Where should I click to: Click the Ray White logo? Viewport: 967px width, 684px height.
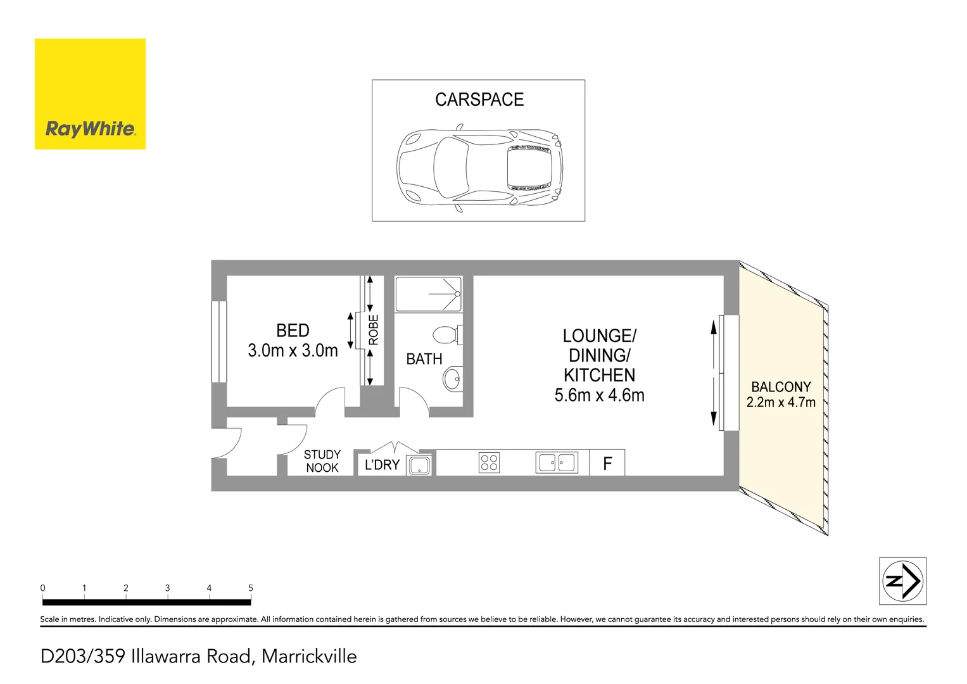90,94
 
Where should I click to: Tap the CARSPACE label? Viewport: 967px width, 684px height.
479,100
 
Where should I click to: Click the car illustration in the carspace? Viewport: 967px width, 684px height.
479,170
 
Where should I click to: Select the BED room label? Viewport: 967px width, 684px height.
293,331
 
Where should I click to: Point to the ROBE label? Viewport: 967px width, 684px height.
374,330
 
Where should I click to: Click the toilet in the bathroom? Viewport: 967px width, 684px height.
447,334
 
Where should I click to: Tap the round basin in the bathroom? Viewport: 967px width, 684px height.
453,379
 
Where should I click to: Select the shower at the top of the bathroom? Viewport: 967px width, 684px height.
428,294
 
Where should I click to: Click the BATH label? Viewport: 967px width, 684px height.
424,359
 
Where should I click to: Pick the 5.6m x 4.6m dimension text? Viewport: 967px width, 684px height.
599,395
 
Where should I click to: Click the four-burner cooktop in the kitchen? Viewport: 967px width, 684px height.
489,463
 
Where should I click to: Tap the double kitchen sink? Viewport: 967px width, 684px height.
557,463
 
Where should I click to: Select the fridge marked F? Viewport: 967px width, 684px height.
607,464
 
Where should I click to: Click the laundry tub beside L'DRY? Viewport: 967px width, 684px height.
419,465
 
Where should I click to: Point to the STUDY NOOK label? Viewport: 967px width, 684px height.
322,461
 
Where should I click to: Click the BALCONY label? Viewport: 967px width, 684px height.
781,387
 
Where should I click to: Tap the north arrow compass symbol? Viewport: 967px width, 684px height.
902,581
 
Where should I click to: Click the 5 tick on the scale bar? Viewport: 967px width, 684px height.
251,588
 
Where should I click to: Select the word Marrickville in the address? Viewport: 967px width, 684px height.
309,656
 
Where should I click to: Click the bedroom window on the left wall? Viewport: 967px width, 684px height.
218,341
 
